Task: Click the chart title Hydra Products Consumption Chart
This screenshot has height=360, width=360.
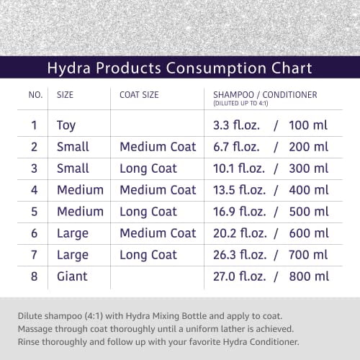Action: pyautogui.click(x=180, y=68)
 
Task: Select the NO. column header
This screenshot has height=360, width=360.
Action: pyautogui.click(x=35, y=94)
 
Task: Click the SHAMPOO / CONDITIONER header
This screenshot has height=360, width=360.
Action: pyautogui.click(x=265, y=94)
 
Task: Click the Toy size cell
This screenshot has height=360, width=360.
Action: pyautogui.click(x=66, y=125)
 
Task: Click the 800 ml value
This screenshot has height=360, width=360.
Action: pyautogui.click(x=307, y=276)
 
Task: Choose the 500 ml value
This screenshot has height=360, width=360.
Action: pyautogui.click(x=307, y=212)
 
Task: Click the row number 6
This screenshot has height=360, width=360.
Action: pyautogui.click(x=33, y=233)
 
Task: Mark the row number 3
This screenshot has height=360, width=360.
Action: pyautogui.click(x=33, y=168)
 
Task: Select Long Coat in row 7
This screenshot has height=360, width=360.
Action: pyautogui.click(x=148, y=255)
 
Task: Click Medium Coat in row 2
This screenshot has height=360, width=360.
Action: pyautogui.click(x=158, y=147)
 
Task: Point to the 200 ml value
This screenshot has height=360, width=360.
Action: pyautogui.click(x=307, y=147)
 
